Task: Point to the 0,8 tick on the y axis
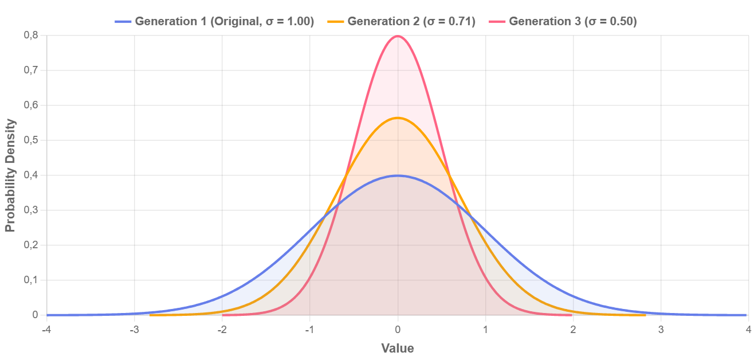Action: point(32,35)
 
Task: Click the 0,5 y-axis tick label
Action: point(32,140)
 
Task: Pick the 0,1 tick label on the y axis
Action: point(32,280)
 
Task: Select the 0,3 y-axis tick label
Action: point(32,210)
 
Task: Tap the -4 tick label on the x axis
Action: point(46,330)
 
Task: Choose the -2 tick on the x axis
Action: point(222,330)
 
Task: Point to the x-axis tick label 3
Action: point(661,330)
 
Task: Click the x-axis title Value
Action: point(398,348)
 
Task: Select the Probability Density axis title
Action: point(10,175)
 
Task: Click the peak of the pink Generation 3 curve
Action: point(398,36)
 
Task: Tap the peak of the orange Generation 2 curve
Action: point(398,118)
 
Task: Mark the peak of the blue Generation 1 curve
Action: point(398,175)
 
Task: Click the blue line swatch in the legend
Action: point(123,22)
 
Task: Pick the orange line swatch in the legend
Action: point(336,22)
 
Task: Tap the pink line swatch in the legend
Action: point(497,22)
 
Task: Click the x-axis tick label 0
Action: point(398,330)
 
